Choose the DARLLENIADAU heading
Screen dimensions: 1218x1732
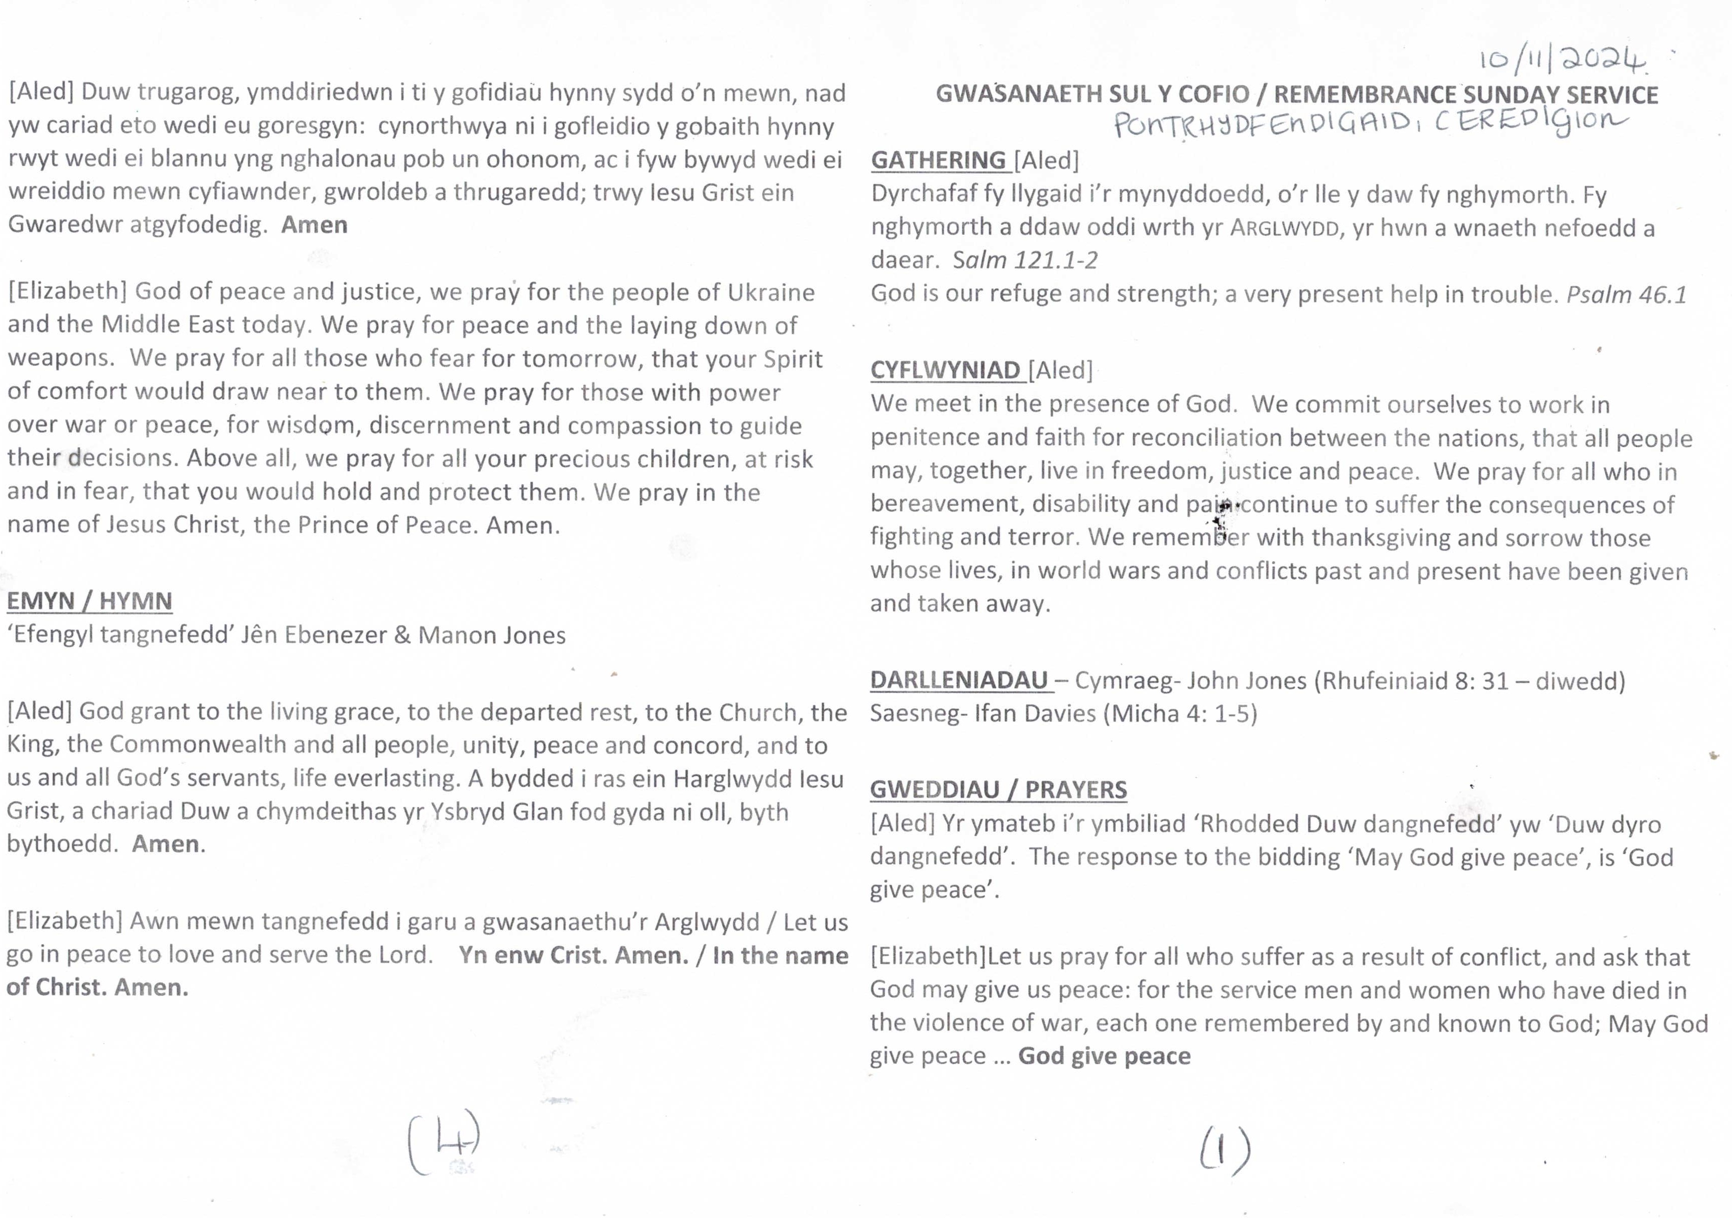(959, 680)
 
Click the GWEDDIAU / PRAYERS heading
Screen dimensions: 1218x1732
(998, 789)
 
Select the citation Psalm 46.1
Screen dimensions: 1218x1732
(1627, 294)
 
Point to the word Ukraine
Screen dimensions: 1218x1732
(771, 292)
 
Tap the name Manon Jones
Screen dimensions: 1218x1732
(492, 635)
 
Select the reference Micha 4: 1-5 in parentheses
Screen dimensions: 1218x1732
(1181, 713)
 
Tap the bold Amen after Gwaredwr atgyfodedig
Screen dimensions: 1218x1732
(315, 225)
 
